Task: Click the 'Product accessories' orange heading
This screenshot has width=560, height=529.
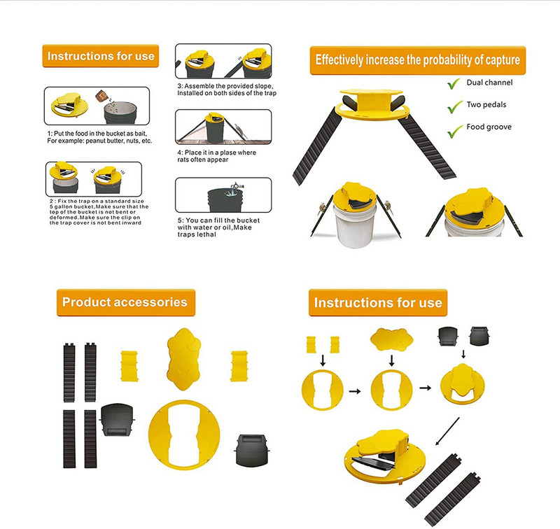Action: point(125,302)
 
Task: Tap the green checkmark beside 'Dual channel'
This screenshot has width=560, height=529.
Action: point(453,84)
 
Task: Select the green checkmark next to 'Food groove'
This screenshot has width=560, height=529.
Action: point(453,128)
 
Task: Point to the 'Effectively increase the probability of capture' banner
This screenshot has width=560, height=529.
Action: point(417,60)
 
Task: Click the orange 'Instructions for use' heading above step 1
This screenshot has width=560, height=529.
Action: point(99,55)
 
